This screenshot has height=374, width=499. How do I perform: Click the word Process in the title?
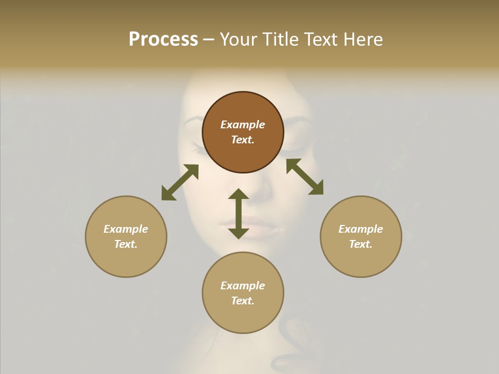coord(163,39)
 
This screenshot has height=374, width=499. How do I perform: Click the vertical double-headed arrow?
coord(239,213)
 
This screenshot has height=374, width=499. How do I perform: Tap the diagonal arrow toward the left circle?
coord(180,182)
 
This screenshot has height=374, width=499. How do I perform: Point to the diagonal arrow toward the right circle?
coord(305,177)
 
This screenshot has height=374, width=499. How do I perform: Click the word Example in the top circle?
coord(243,125)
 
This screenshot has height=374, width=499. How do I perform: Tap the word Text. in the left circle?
coord(126,244)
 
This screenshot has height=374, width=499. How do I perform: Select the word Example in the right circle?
coord(361,229)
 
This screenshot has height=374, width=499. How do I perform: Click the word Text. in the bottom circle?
coord(243,301)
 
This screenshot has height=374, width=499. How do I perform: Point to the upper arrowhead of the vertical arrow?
coord(239,194)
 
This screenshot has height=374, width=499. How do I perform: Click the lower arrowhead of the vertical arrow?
coord(239,233)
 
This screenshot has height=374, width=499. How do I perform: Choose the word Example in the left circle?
coord(126,229)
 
